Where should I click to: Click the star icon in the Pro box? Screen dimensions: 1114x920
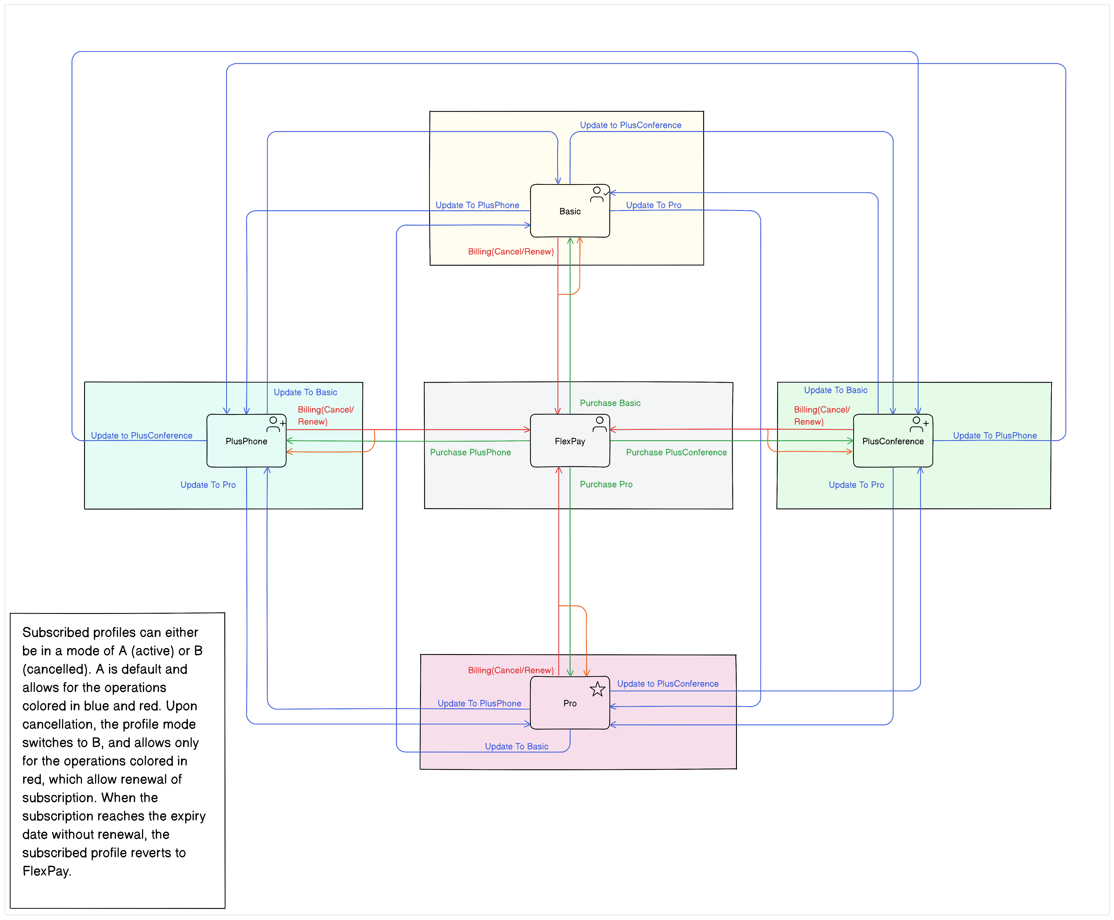[597, 689]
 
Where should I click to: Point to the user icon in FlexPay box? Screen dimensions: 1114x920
[599, 424]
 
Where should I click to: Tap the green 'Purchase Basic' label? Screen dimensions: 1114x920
[610, 403]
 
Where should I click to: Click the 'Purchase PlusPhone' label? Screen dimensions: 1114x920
[470, 452]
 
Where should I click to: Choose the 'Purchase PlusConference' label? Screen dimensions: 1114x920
[676, 452]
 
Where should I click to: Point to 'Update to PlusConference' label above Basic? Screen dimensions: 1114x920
[630, 125]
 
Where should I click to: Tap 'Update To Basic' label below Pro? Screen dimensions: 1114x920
[517, 746]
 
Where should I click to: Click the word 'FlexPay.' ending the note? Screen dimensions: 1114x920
[47, 871]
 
